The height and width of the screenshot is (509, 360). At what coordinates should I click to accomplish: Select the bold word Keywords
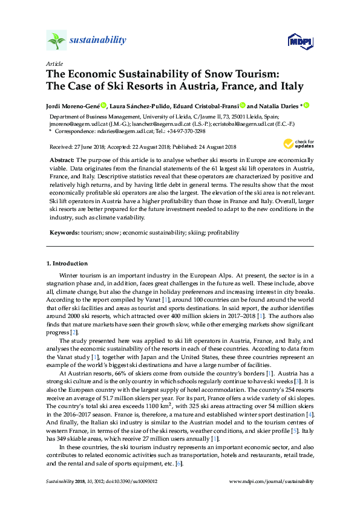coord(63,232)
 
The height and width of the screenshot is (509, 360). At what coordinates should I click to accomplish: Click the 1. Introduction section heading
coord(67,264)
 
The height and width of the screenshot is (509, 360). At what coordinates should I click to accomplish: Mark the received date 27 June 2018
coord(89,147)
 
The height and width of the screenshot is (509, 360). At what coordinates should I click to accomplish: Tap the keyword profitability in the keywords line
coord(223,232)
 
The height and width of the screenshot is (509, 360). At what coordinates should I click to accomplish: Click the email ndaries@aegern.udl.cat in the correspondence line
coord(119,131)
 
